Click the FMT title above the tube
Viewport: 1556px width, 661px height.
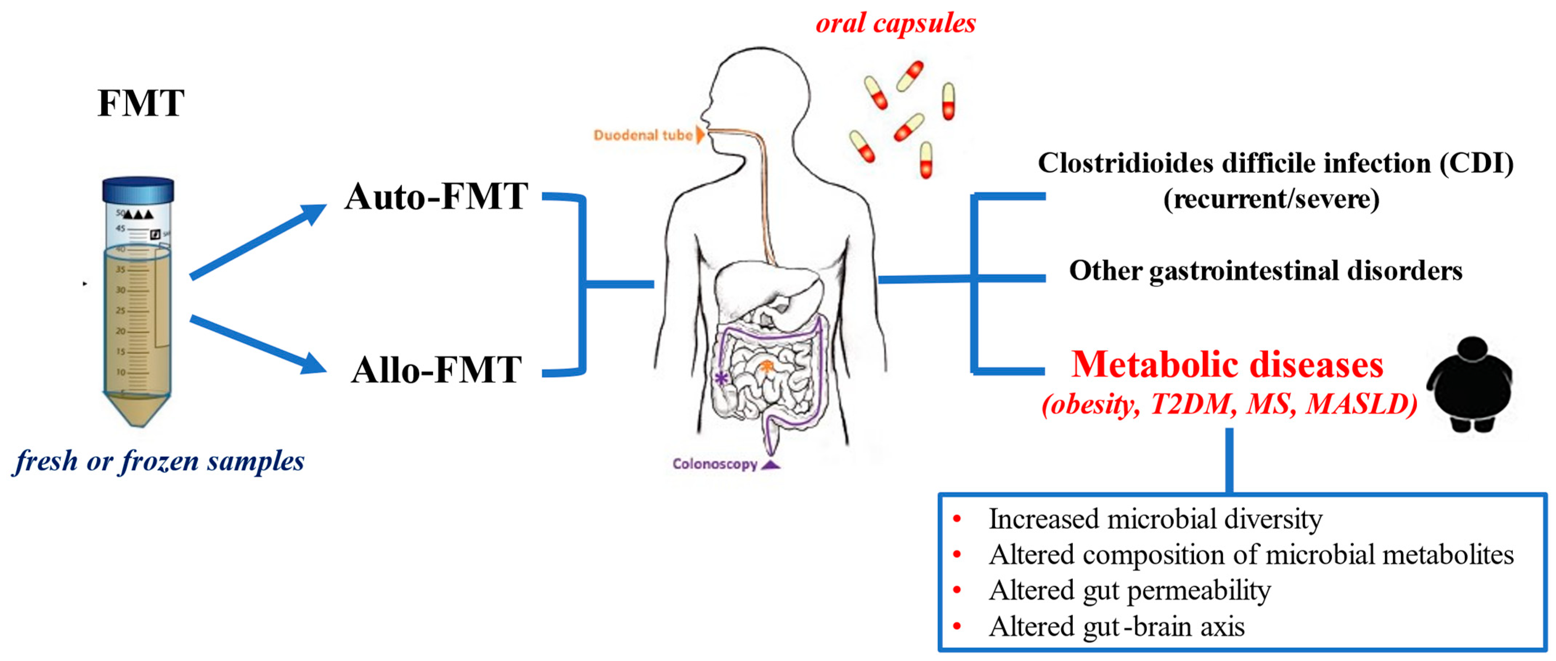[x=141, y=103]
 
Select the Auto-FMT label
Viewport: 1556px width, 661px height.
[x=436, y=197]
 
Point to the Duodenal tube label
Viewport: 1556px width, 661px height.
[x=643, y=135]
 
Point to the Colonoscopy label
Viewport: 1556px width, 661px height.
[x=715, y=464]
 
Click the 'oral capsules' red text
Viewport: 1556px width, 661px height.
[x=895, y=24]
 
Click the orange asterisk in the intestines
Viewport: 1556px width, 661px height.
[x=766, y=365]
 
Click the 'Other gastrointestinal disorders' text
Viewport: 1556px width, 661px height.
[x=1266, y=271]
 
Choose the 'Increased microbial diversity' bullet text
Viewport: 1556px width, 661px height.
[x=1155, y=519]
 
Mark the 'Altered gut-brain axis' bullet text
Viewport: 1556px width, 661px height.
[x=1116, y=626]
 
